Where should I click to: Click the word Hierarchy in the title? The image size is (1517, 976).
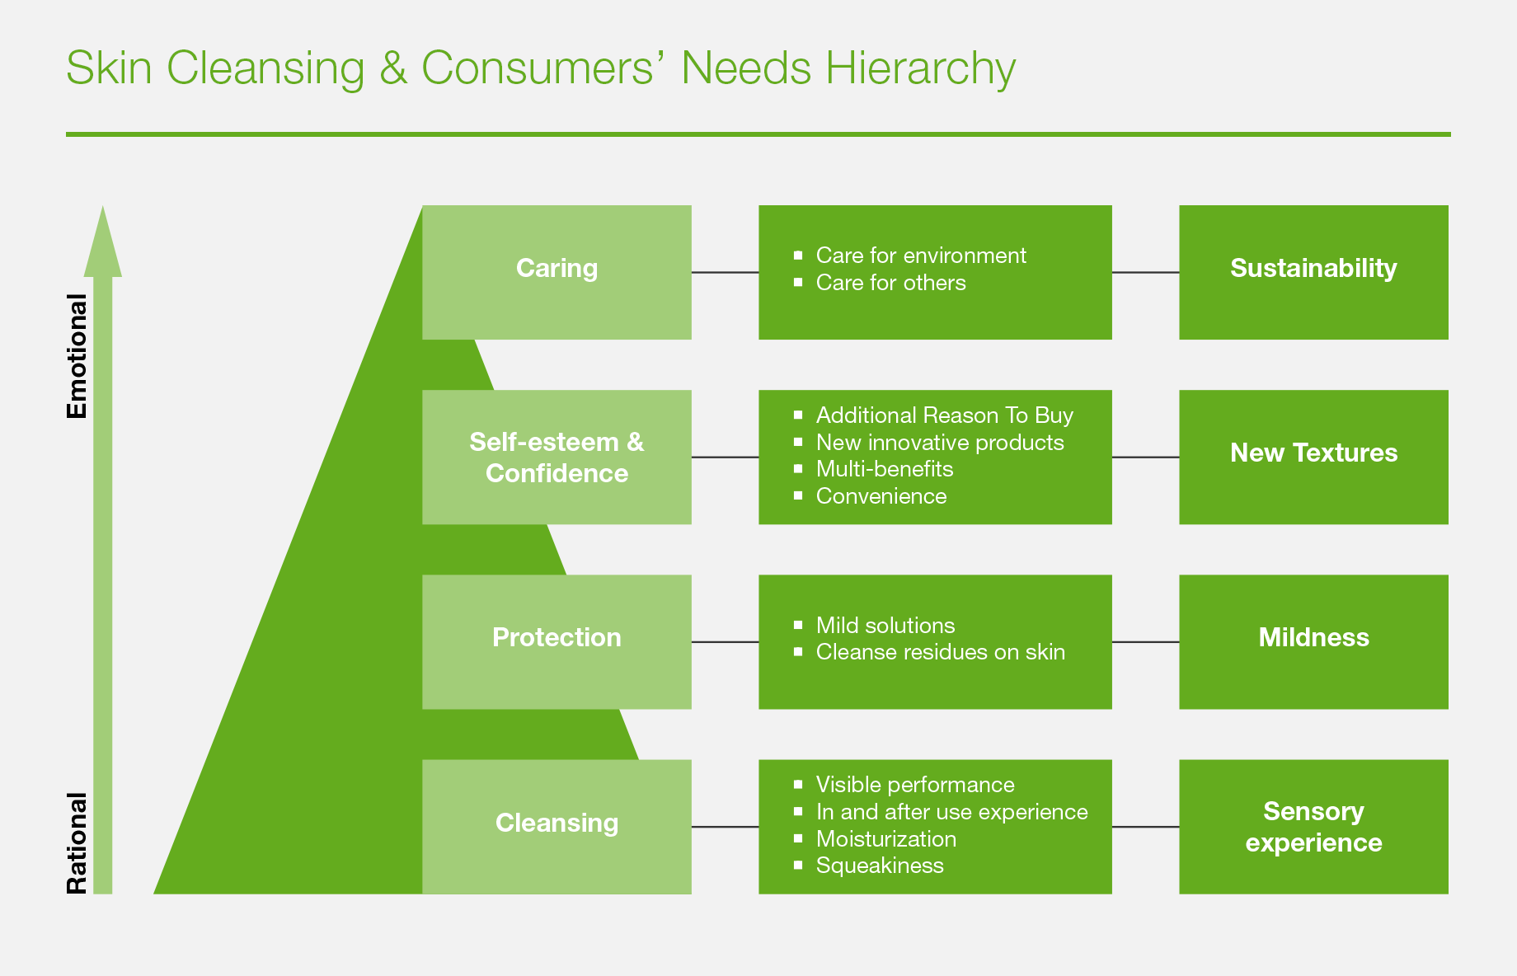(x=920, y=69)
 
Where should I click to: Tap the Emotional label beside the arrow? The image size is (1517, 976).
(x=77, y=356)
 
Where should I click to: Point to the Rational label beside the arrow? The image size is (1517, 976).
(x=77, y=843)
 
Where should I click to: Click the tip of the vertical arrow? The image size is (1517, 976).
(x=103, y=206)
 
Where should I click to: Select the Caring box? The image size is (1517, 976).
(x=557, y=272)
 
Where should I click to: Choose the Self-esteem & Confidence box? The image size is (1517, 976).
(x=557, y=457)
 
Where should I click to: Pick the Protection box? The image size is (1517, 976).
(x=557, y=641)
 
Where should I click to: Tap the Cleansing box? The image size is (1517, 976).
(x=557, y=827)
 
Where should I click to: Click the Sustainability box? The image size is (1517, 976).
(x=1313, y=272)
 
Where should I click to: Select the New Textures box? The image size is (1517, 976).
(x=1313, y=457)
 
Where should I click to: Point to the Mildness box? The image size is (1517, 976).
(x=1313, y=641)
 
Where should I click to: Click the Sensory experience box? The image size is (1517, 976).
(x=1313, y=827)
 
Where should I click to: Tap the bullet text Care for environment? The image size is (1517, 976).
(x=921, y=256)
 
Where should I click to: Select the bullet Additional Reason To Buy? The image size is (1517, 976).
(x=945, y=415)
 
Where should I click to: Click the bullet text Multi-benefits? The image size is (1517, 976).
(x=885, y=469)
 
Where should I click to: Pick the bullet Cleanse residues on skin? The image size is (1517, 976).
(x=941, y=652)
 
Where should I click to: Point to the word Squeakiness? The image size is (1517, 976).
(x=880, y=866)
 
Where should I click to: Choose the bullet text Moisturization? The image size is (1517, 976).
(x=886, y=839)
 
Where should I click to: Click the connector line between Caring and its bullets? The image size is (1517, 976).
(x=725, y=272)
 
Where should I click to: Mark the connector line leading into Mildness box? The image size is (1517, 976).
(x=1145, y=641)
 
